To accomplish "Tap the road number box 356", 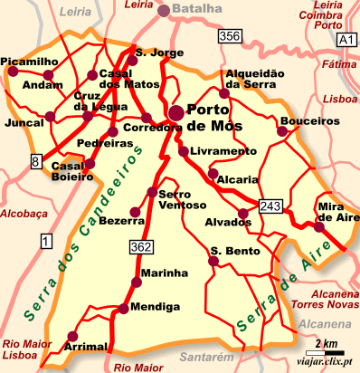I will (230, 36).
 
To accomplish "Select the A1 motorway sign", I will (344, 41).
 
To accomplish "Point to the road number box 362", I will (140, 246).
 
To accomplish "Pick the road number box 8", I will (36, 161).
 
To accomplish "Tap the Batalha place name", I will (196, 9).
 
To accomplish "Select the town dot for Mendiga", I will (122, 309).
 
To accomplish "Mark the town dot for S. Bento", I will (213, 262).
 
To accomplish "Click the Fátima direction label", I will (334, 65).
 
